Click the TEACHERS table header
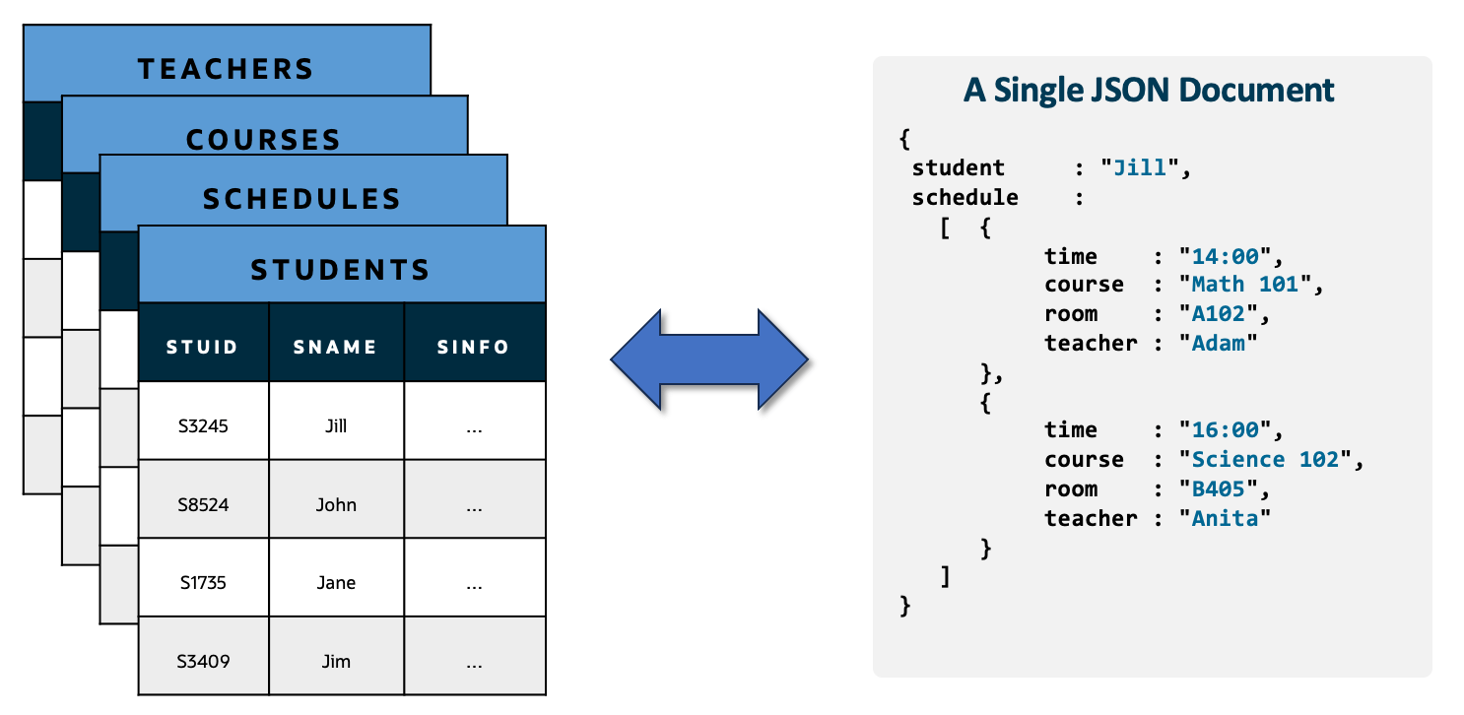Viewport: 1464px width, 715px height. pos(226,68)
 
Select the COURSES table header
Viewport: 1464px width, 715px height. pos(264,139)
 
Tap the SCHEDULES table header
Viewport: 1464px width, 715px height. pos(302,198)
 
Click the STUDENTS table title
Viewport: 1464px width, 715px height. pos(341,269)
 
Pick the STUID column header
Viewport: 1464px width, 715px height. pos(203,347)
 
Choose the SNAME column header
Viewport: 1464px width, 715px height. pos(336,347)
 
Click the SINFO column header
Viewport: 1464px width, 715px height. pos(474,347)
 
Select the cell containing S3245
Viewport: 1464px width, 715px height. pos(203,426)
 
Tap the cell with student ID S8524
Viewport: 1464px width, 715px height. pos(203,505)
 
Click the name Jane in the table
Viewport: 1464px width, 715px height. pos(336,583)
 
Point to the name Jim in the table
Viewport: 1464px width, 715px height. pos(336,661)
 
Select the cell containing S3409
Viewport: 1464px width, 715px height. pos(203,661)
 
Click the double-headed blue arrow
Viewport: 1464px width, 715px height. pos(709,359)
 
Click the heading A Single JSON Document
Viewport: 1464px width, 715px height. pos(1149,91)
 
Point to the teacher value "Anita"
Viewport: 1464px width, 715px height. pos(1225,518)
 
